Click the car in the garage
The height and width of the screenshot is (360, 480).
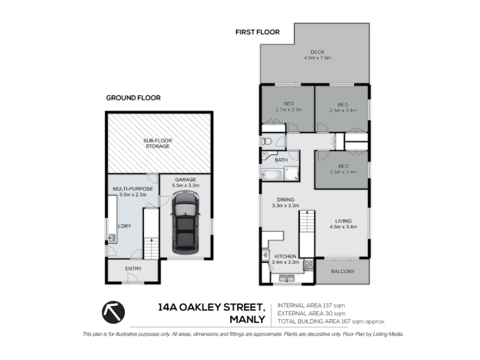pyautogui.click(x=185, y=223)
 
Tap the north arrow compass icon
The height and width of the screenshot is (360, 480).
pyautogui.click(x=113, y=312)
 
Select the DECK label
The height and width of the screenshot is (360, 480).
pyautogui.click(x=317, y=52)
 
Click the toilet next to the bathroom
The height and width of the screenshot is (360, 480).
pyautogui.click(x=266, y=141)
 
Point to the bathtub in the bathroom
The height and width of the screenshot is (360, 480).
pyautogui.click(x=272, y=174)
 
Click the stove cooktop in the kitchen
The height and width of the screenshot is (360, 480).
pyautogui.click(x=308, y=265)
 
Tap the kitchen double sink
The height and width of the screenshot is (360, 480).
pyautogui.click(x=287, y=278)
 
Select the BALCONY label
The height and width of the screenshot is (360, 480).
pyautogui.click(x=343, y=271)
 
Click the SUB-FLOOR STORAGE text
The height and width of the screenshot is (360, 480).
pyautogui.click(x=158, y=143)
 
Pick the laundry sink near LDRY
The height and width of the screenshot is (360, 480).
pyautogui.click(x=112, y=238)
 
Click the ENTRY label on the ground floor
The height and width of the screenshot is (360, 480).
pyautogui.click(x=133, y=268)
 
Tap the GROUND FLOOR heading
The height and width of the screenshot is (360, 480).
pyautogui.click(x=133, y=98)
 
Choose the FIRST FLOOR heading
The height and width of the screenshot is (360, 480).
pyautogui.click(x=257, y=32)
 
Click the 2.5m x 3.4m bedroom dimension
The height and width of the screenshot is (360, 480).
pyautogui.click(x=343, y=172)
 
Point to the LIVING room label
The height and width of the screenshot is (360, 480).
pyautogui.click(x=343, y=221)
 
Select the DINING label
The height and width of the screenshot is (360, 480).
pyautogui.click(x=286, y=200)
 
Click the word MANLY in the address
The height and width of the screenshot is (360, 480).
pyautogui.click(x=247, y=320)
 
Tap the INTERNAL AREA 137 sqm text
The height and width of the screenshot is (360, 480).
pyautogui.click(x=311, y=305)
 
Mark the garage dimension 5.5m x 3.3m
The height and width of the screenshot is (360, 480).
pyautogui.click(x=185, y=185)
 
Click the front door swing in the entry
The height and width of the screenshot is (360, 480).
pyautogui.click(x=133, y=278)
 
